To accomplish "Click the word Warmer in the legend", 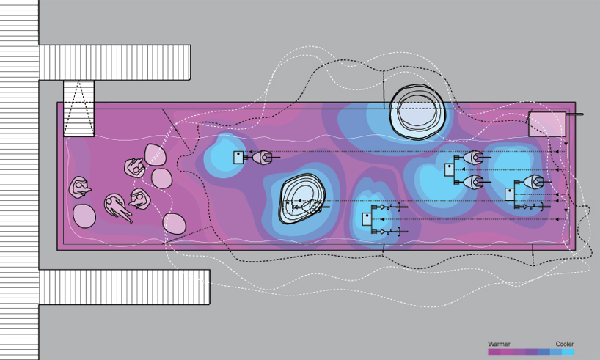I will (x=499, y=344).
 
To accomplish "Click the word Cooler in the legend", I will (x=564, y=344).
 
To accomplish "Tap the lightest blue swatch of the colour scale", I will (x=568, y=352).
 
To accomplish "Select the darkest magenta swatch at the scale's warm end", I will (x=494, y=352).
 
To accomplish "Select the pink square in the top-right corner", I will (x=546, y=124).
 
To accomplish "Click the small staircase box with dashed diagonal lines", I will (x=78, y=108).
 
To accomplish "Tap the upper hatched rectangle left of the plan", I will (x=114, y=62).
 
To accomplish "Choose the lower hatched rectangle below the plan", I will (x=125, y=287).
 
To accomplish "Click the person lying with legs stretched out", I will (x=117, y=207).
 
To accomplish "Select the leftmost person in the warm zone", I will (x=80, y=188).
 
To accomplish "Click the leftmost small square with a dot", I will (x=239, y=157).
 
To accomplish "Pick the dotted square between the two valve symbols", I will (x=367, y=218).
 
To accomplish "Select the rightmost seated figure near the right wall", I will (x=534, y=182).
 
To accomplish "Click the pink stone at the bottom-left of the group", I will (x=84, y=216).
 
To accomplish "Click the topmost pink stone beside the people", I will (x=154, y=154).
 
